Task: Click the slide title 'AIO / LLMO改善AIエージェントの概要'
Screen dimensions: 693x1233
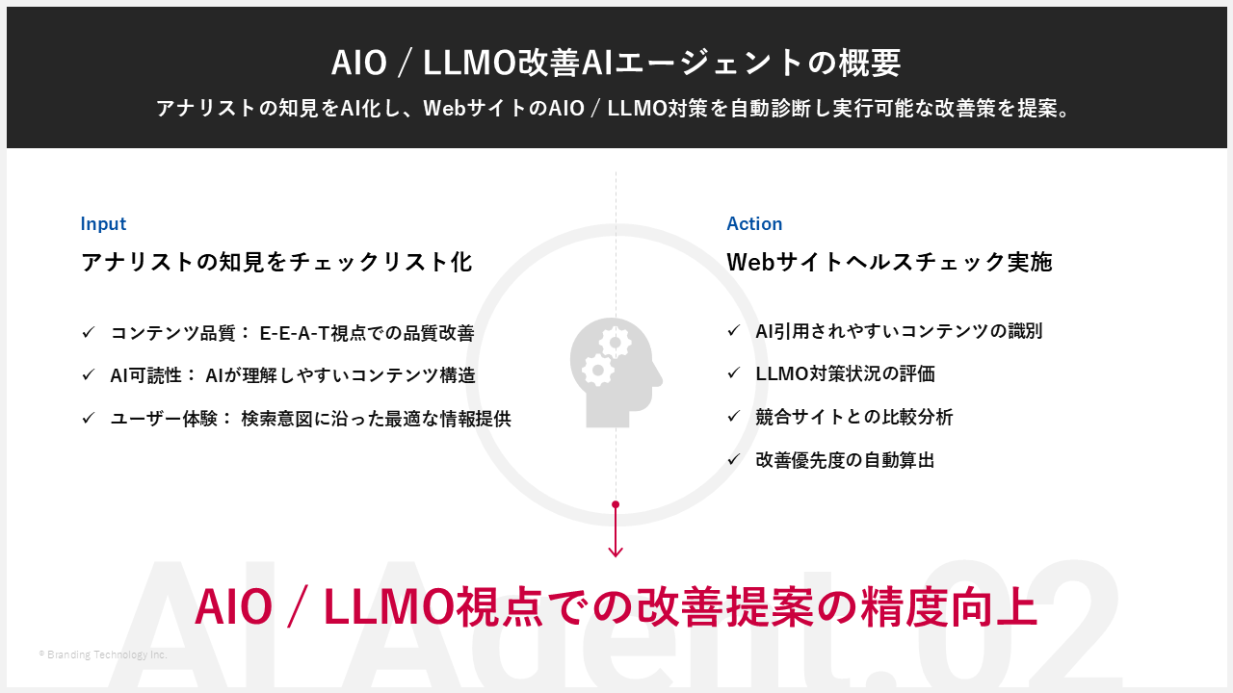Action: [x=616, y=63]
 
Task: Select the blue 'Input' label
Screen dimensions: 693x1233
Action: [x=103, y=223]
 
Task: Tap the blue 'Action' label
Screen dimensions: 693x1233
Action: [x=754, y=223]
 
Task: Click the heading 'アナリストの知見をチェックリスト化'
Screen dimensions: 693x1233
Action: [x=276, y=262]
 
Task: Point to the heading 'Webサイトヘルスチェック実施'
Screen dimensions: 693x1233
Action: [x=889, y=262]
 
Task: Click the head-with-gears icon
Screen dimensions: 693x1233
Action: [x=616, y=372]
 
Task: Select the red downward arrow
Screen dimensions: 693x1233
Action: [x=616, y=530]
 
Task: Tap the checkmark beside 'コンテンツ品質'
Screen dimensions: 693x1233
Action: [x=88, y=333]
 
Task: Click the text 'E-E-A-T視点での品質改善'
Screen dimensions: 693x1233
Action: [x=367, y=333]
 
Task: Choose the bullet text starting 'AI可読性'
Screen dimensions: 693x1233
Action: [x=292, y=375]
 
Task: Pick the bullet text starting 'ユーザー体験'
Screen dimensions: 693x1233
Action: [x=310, y=419]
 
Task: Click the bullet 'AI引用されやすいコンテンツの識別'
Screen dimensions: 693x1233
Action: [x=899, y=331]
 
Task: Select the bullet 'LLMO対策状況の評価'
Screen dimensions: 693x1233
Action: [x=845, y=373]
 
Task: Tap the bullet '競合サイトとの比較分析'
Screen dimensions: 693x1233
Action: [x=854, y=417]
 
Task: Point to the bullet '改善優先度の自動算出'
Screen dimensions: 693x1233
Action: [x=845, y=460]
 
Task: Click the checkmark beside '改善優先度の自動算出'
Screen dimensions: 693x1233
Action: [x=733, y=460]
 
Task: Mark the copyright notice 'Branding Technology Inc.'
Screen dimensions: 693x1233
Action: [x=103, y=654]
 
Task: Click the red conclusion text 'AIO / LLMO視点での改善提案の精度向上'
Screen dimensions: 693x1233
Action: [x=616, y=606]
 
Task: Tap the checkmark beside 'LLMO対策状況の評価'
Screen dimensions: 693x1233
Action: [x=733, y=373]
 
